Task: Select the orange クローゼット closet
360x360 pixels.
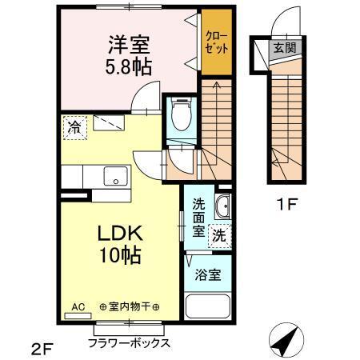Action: tap(215, 42)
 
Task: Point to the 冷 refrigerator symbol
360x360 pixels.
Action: tap(74, 127)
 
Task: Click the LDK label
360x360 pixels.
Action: tap(120, 234)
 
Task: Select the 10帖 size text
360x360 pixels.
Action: tap(120, 257)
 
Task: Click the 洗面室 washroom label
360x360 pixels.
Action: tap(198, 216)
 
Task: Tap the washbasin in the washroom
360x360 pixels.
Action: tap(223, 207)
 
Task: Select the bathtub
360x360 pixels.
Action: tap(207, 307)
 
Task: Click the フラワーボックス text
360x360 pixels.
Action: tap(129, 343)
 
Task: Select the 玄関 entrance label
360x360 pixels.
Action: tap(284, 48)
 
